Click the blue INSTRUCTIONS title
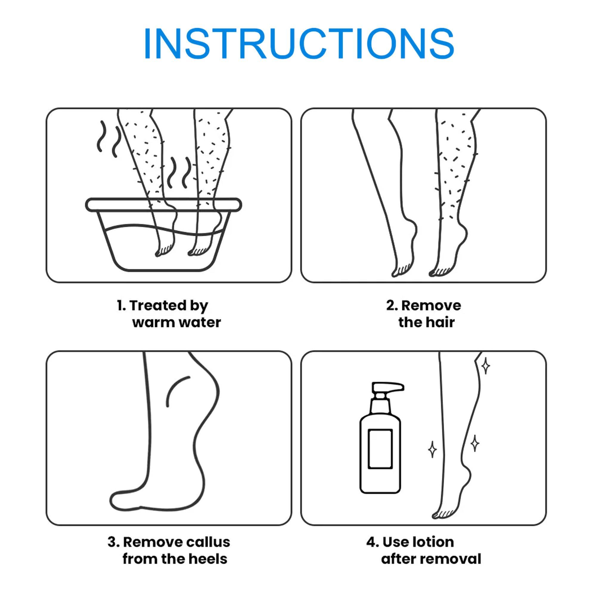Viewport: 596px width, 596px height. (298, 44)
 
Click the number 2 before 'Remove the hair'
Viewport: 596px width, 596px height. (391, 306)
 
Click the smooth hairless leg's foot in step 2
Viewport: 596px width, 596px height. (403, 262)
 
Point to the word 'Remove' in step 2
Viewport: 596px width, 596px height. (431, 306)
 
